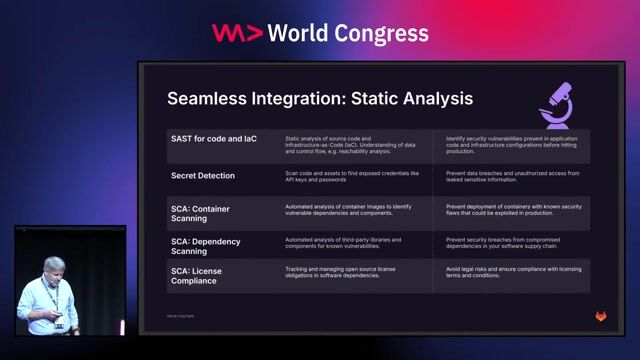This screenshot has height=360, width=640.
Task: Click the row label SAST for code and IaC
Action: pyautogui.click(x=213, y=139)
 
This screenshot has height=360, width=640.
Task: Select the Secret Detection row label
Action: pyautogui.click(x=203, y=175)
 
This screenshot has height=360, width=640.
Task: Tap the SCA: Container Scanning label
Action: pyautogui.click(x=200, y=213)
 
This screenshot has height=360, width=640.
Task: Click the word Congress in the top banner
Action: pyautogui.click(x=383, y=33)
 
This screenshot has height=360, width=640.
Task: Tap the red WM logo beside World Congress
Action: pyautogui.click(x=237, y=33)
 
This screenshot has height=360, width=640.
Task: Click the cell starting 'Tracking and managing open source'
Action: pyautogui.click(x=347, y=272)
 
